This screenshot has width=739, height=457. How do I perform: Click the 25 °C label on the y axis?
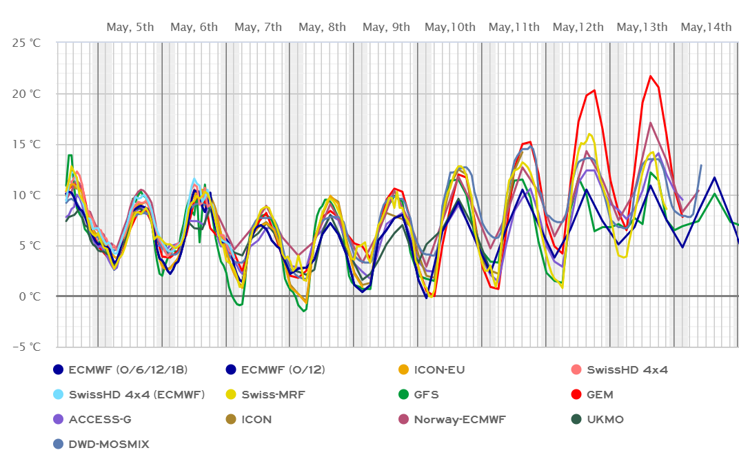27,43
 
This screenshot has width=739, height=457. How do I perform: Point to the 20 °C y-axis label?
27,94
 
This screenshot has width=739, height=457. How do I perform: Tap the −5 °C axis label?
27,347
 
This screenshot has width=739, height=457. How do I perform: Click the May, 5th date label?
130,27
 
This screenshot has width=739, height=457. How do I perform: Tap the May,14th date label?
706,27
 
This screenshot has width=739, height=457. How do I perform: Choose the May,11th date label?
514,27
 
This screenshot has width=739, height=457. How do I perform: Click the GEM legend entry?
600,395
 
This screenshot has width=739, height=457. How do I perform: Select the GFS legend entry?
426,395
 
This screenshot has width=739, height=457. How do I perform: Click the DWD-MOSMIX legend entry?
108,445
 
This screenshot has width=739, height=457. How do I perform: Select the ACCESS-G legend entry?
100,420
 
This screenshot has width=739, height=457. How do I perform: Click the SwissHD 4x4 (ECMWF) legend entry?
136,395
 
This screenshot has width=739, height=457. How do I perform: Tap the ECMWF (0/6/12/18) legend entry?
128,370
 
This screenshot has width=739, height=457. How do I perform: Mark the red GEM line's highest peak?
650,76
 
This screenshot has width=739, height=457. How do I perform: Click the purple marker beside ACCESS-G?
59,420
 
